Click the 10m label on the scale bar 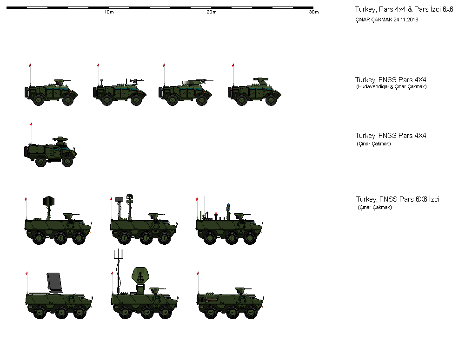109,12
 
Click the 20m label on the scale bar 212,12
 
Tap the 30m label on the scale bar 314,12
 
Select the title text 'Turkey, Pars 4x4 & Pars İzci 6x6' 404,9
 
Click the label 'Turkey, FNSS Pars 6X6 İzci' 398,199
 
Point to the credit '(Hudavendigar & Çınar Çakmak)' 391,87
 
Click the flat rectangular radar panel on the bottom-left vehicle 55,281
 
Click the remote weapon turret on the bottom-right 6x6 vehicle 240,290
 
